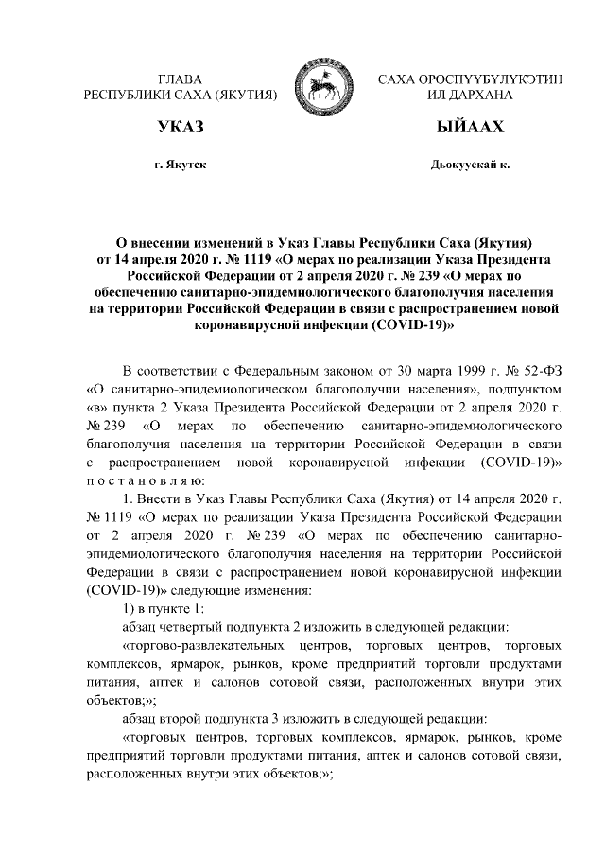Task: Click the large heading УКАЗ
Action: click(x=181, y=128)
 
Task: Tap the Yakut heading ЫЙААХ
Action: click(x=469, y=128)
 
